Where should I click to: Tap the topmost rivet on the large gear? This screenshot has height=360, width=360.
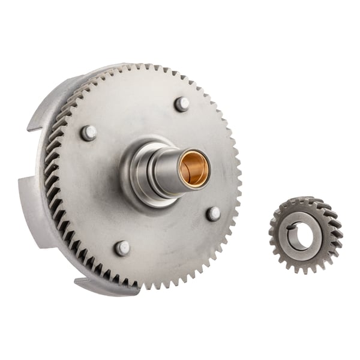182,104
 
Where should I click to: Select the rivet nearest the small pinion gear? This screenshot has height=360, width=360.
213,214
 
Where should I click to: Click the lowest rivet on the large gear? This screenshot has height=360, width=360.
122,248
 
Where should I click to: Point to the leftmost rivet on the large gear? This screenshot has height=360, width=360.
89,133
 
